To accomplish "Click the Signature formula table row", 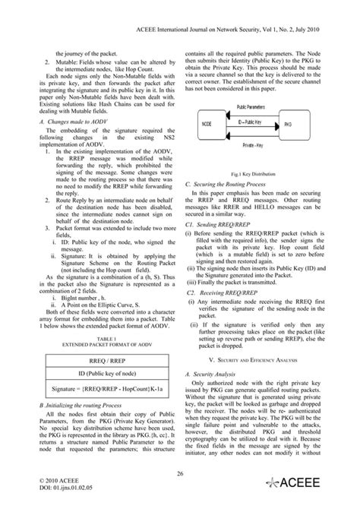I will click(x=91, y=390).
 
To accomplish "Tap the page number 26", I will click(x=179, y=472).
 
